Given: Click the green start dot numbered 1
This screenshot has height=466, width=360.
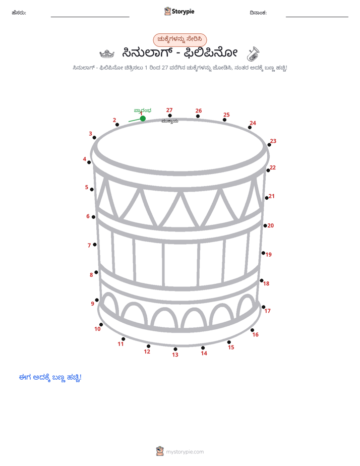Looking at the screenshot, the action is tap(143, 119).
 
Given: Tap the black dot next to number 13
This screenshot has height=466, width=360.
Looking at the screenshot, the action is tap(175, 349).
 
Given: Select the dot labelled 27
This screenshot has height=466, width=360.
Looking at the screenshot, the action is tap(169, 115).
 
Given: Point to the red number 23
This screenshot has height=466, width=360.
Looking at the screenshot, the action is tap(273, 141).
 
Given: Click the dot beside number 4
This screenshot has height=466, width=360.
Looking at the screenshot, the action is tap(89, 162).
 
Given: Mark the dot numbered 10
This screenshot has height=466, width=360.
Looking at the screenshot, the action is tap(101, 325).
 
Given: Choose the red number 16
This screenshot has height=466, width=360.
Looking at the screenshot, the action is tap(256, 335).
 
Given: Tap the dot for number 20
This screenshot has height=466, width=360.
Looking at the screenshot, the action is tap(265, 225).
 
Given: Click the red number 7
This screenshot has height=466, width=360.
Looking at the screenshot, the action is tap(89, 246).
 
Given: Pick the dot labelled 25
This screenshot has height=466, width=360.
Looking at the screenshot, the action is tap(224, 120).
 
